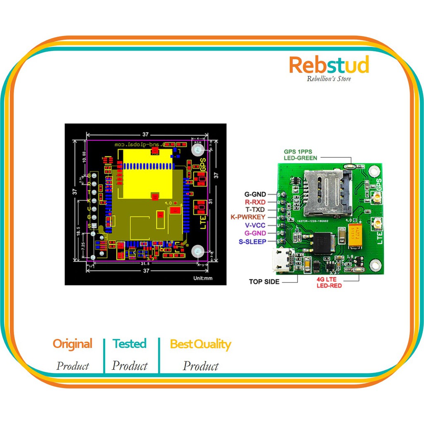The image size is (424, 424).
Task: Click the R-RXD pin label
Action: (x=255, y=202)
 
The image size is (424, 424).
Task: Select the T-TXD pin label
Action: (x=255, y=210)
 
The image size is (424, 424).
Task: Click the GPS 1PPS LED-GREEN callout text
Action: (x=301, y=154)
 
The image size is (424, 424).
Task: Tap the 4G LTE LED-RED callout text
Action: (x=329, y=283)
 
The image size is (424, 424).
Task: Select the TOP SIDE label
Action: (x=264, y=282)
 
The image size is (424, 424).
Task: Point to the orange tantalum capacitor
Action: (x=357, y=236)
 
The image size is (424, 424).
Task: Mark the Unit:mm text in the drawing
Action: (x=202, y=278)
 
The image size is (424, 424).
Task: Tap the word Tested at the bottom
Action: (x=130, y=344)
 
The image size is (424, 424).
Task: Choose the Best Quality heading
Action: (x=200, y=344)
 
